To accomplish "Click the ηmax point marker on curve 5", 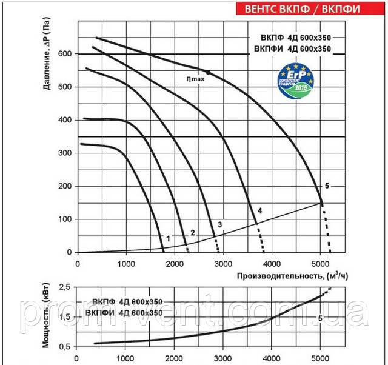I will coord(208,72).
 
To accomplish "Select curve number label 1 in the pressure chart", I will coord(168,237).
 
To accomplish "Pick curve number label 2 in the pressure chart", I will coord(193,233).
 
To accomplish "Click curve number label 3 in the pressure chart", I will coord(220,225).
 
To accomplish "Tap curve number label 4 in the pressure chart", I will coord(259,210).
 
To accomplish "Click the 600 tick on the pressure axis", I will coord(64,54).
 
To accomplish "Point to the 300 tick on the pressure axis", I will coord(64,153).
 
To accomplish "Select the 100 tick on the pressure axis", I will coord(64,219).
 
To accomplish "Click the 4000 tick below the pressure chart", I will coord(272,264).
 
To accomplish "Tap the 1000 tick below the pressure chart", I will coord(125,264).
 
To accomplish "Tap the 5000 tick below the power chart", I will coord(320,358).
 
